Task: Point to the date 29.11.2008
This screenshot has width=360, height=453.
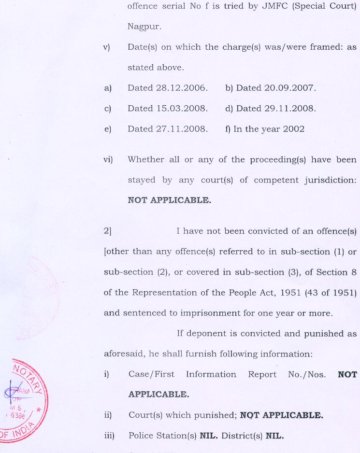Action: click(293, 109)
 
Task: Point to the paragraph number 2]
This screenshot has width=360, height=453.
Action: click(108, 231)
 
